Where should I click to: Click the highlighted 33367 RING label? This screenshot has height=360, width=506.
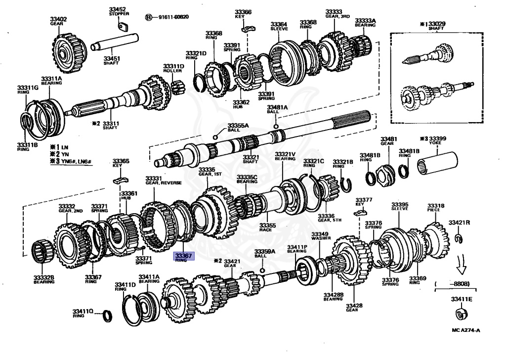pos(184,256)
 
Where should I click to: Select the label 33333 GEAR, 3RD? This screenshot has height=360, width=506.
pos(337,14)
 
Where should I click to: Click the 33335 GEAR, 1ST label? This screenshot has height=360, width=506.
pos(207,172)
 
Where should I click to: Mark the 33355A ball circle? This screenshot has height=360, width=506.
pos(215,137)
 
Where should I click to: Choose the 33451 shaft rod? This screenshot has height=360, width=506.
pos(114,46)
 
